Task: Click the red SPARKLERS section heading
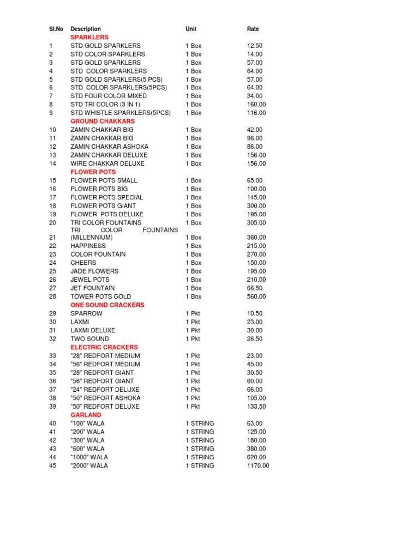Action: [89, 37]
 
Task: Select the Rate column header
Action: [253, 29]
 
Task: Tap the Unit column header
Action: [191, 29]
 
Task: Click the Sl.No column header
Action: [56, 29]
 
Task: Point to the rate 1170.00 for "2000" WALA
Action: [258, 466]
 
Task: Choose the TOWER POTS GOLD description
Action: [98, 296]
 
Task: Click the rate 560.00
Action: [256, 296]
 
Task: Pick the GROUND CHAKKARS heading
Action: [103, 121]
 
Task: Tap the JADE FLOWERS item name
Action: [94, 271]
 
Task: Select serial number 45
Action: [52, 466]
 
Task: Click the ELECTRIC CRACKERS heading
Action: [104, 347]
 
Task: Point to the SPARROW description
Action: [86, 313]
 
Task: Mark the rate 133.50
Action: [256, 407]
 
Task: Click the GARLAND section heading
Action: [86, 415]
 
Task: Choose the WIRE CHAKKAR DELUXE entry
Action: [107, 163]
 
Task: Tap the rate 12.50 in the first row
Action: [255, 46]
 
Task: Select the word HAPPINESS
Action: [88, 246]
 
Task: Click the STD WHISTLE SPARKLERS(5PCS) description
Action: [121, 113]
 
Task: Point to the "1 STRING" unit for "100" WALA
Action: [200, 423]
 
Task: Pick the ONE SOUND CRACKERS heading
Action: [107, 305]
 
